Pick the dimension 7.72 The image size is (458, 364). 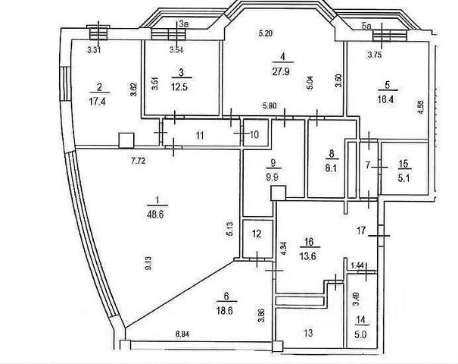136,161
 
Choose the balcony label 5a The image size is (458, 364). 368,26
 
